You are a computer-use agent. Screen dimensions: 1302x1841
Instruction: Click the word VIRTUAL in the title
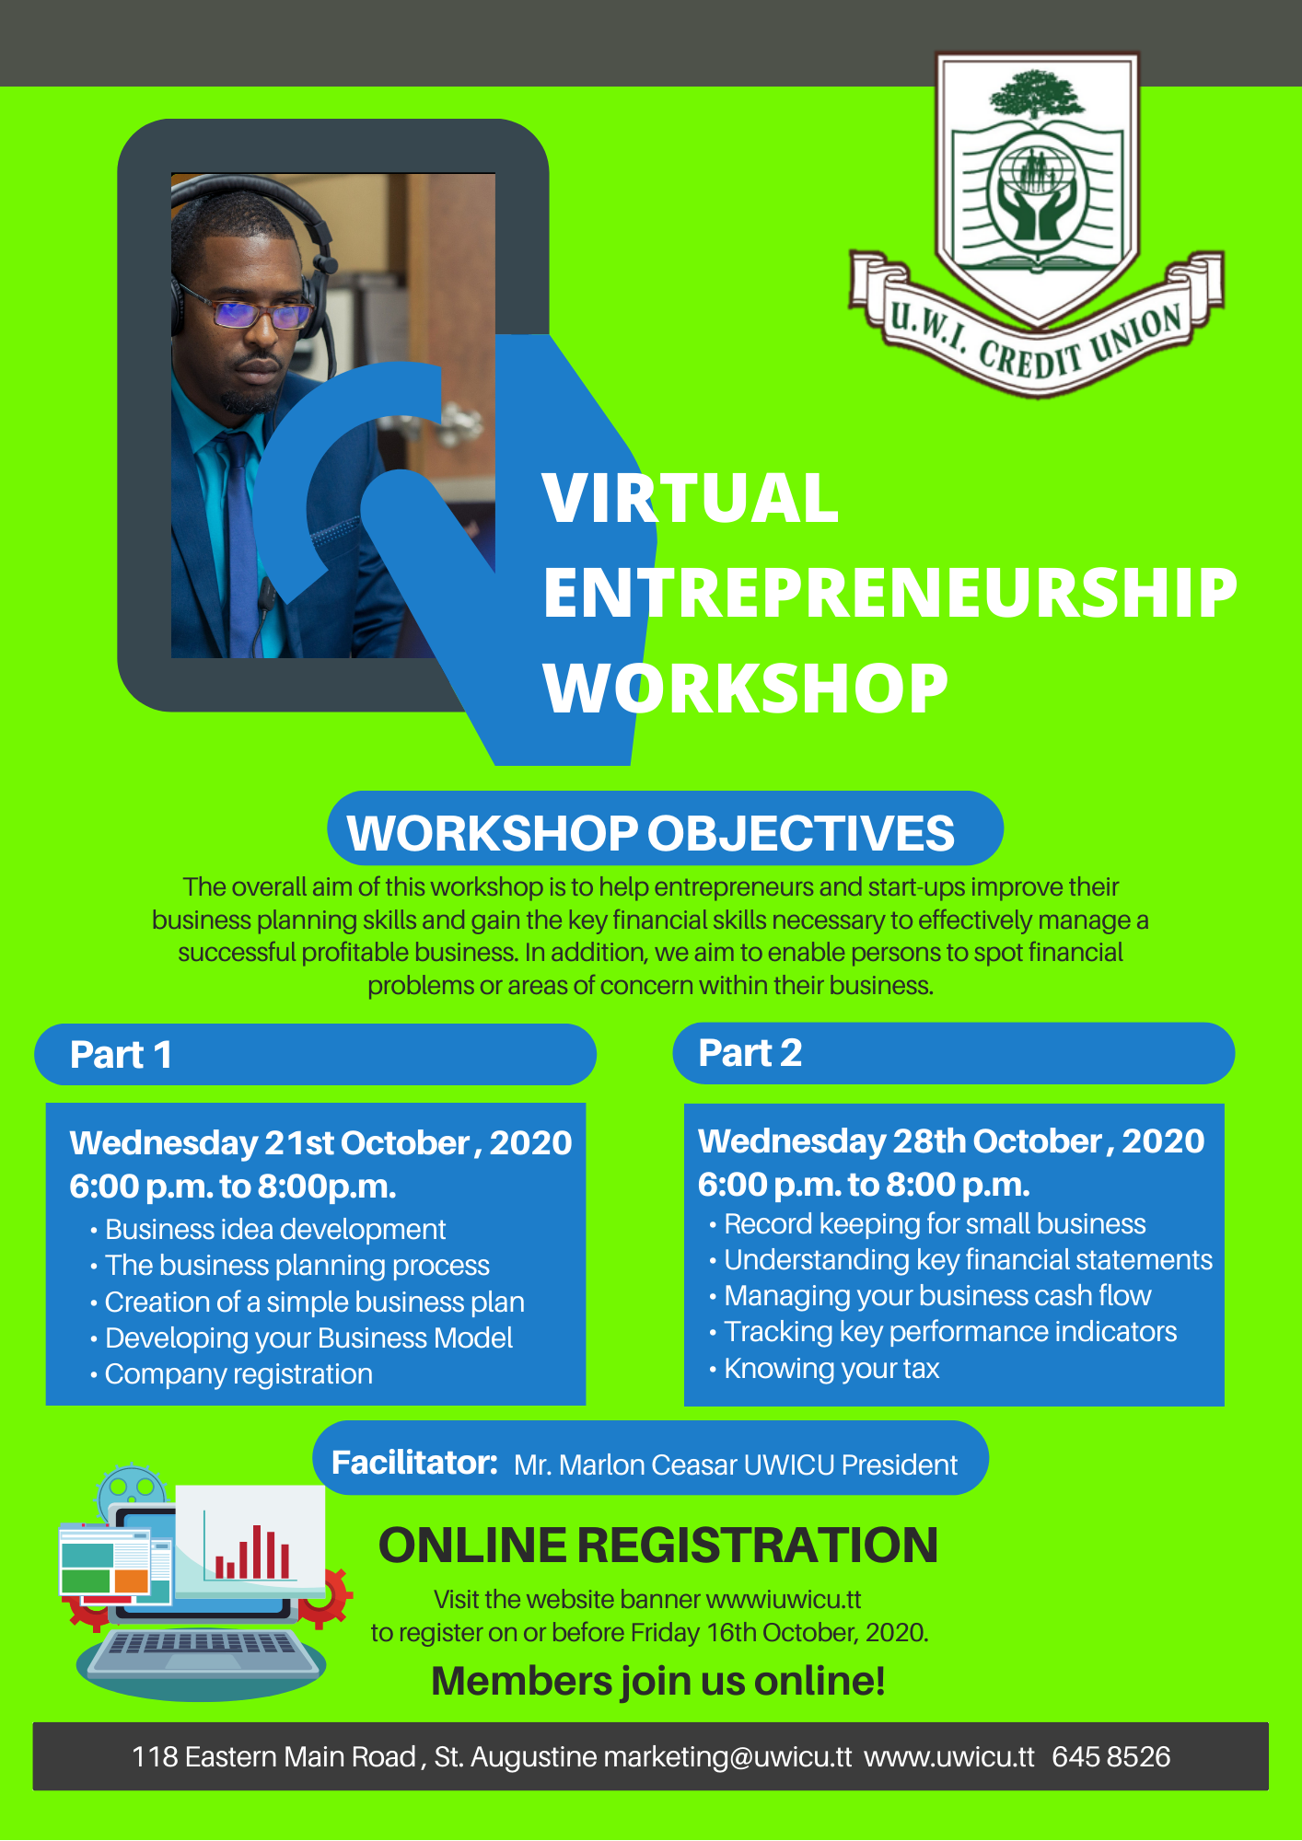point(691,498)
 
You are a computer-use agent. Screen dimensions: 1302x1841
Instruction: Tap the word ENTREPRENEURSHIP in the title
point(890,593)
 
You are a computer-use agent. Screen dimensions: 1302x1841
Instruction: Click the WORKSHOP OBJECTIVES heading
point(651,833)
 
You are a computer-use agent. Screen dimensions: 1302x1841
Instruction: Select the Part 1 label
point(121,1055)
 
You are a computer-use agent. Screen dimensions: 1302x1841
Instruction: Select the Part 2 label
point(750,1053)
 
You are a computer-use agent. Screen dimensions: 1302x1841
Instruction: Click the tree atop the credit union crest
point(1037,94)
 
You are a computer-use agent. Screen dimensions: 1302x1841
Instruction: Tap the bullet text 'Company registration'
point(238,1374)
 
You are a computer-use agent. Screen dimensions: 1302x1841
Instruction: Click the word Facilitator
point(414,1463)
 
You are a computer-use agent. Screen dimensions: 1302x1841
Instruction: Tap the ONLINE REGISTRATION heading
point(658,1546)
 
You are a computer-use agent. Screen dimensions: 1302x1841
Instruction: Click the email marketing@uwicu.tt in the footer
point(727,1757)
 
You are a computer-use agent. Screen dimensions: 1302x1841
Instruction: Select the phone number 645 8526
point(1110,1757)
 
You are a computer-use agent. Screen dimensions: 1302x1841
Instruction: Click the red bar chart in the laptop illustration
point(252,1553)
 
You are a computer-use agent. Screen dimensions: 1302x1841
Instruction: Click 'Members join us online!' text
point(658,1682)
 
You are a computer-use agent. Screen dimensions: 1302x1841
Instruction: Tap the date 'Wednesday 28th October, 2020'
point(951,1141)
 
